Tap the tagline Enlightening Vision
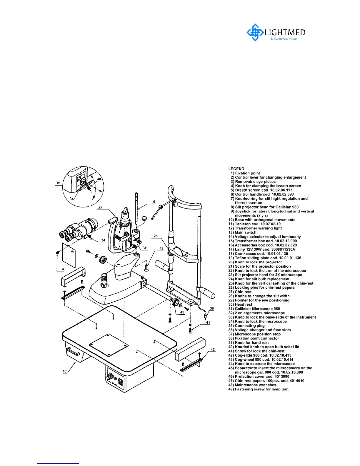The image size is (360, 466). point(283,39)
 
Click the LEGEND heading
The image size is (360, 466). point(236,169)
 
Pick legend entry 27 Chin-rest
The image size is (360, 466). point(243,292)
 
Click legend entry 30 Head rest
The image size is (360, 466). point(244,304)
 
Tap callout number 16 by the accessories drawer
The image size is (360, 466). point(65,371)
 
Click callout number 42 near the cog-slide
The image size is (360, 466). point(213,350)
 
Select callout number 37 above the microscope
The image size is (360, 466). point(100,208)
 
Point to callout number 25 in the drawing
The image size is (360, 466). point(156,236)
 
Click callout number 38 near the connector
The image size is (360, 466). point(212,309)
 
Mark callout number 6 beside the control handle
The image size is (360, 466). point(154,202)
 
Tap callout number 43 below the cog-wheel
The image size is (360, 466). point(182,312)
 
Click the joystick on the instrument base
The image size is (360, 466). point(104,281)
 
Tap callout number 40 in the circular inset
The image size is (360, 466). point(99,179)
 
